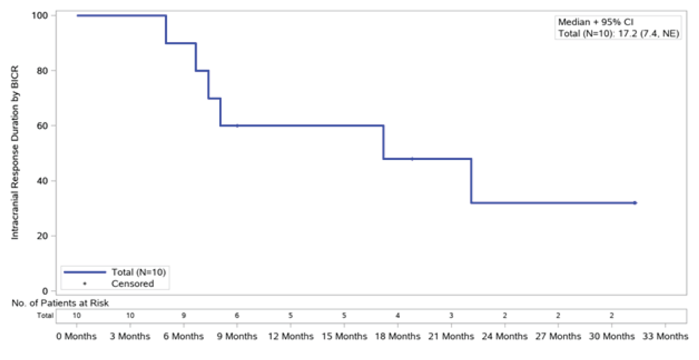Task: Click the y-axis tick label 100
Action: point(39,16)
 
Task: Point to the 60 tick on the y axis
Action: point(42,126)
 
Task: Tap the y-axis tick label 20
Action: point(42,236)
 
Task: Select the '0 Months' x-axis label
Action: point(77,337)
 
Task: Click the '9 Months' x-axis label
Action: point(237,337)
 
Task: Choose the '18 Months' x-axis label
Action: point(397,337)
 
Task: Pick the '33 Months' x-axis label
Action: point(665,337)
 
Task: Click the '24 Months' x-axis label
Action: point(504,337)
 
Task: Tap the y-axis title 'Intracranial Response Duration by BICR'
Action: point(15,153)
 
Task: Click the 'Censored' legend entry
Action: point(132,284)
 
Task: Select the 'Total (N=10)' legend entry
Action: point(138,272)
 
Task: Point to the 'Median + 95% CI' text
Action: point(596,22)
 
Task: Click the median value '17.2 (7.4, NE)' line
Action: point(619,33)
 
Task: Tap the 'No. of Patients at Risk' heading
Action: point(60,303)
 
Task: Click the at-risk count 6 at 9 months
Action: point(237,315)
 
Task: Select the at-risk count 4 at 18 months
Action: point(397,315)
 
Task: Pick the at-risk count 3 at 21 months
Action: point(451,315)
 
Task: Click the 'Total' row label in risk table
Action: point(45,315)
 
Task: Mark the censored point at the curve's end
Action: point(635,203)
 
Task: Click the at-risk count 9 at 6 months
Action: point(184,315)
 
